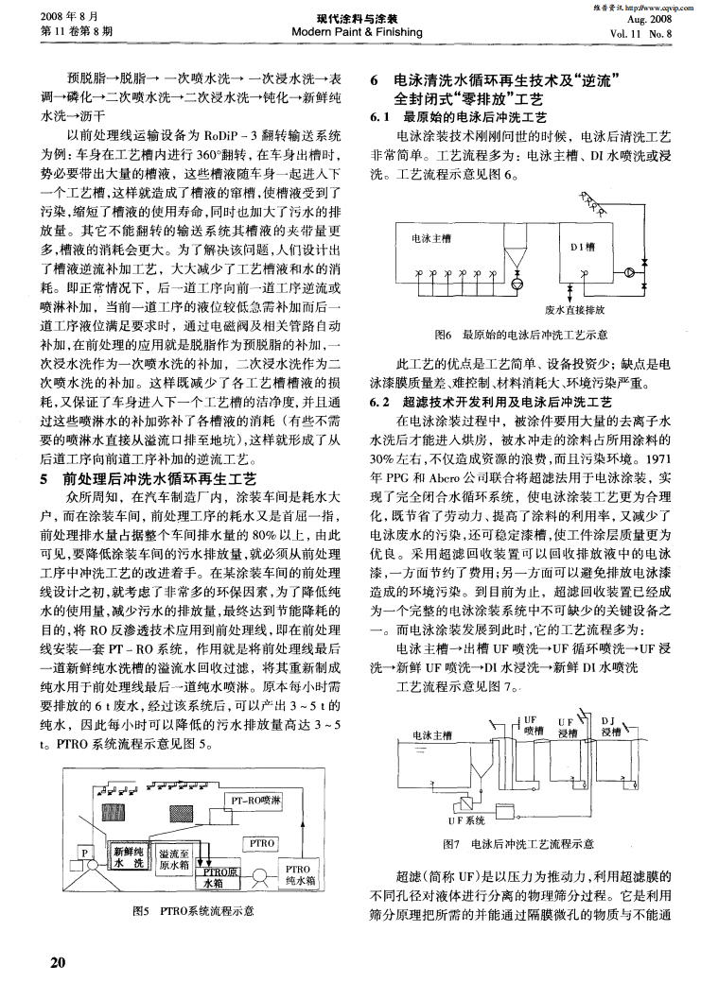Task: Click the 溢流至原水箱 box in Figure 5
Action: [175, 857]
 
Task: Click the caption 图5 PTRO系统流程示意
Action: [194, 912]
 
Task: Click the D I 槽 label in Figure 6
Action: [581, 246]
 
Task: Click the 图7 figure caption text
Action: [518, 843]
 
